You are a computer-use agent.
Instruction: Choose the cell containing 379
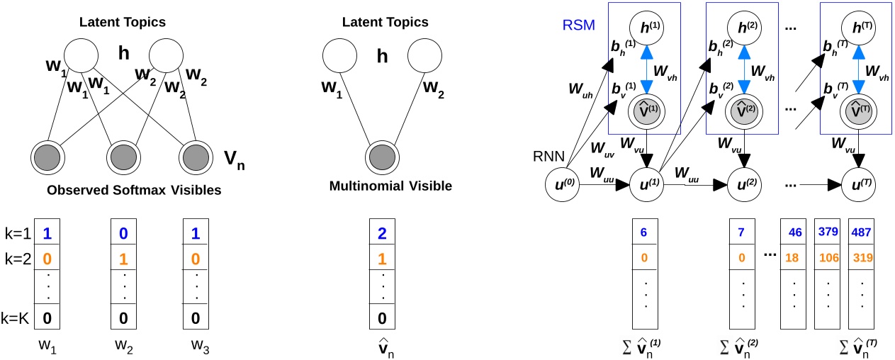[828, 232]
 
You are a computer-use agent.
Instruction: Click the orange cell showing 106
[828, 257]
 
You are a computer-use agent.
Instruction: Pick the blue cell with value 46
[794, 232]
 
